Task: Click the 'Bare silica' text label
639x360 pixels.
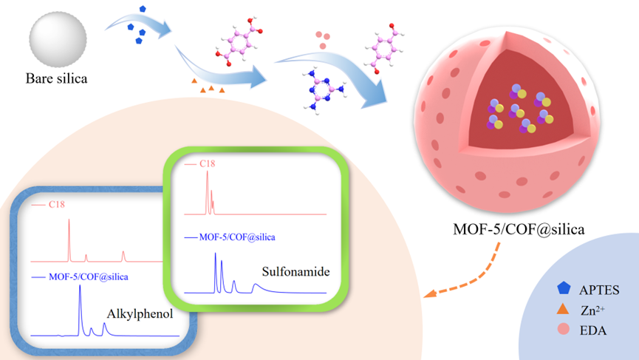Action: [56, 77]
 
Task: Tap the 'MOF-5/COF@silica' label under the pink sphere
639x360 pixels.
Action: [519, 229]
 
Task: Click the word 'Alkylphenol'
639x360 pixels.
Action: [140, 314]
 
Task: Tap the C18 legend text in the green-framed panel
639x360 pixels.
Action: [208, 164]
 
